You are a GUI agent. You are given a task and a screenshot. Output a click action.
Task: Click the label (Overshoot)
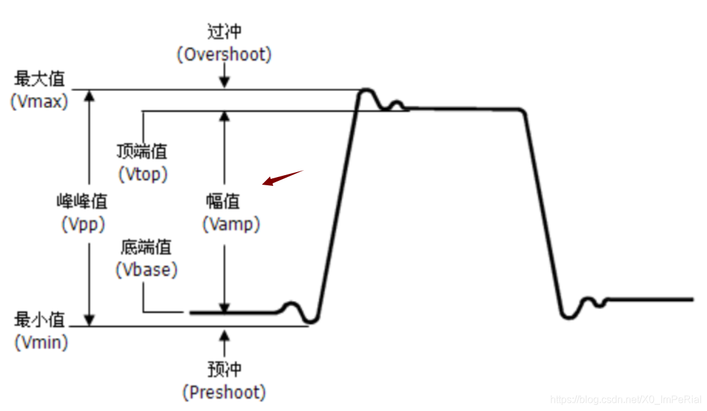(224, 55)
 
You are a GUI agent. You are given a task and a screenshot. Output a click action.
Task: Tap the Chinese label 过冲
(224, 31)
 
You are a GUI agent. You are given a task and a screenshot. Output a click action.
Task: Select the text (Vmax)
(39, 102)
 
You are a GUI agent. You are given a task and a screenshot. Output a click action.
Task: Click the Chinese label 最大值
(39, 79)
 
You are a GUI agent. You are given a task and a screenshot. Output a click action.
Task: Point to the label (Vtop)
(144, 174)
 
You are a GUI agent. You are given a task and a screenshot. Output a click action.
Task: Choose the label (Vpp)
(83, 224)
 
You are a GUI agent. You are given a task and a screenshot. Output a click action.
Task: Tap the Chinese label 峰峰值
(82, 202)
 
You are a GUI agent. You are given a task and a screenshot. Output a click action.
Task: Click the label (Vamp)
(231, 224)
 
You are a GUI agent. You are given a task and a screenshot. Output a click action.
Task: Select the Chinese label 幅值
(223, 202)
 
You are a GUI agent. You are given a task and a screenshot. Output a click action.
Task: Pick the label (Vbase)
(146, 270)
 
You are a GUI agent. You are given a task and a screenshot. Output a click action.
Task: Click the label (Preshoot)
(224, 392)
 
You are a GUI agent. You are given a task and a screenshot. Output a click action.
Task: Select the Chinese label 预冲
(224, 369)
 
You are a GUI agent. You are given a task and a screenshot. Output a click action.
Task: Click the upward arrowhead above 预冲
(224, 334)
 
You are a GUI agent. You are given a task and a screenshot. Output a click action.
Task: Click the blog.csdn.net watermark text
(625, 399)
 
